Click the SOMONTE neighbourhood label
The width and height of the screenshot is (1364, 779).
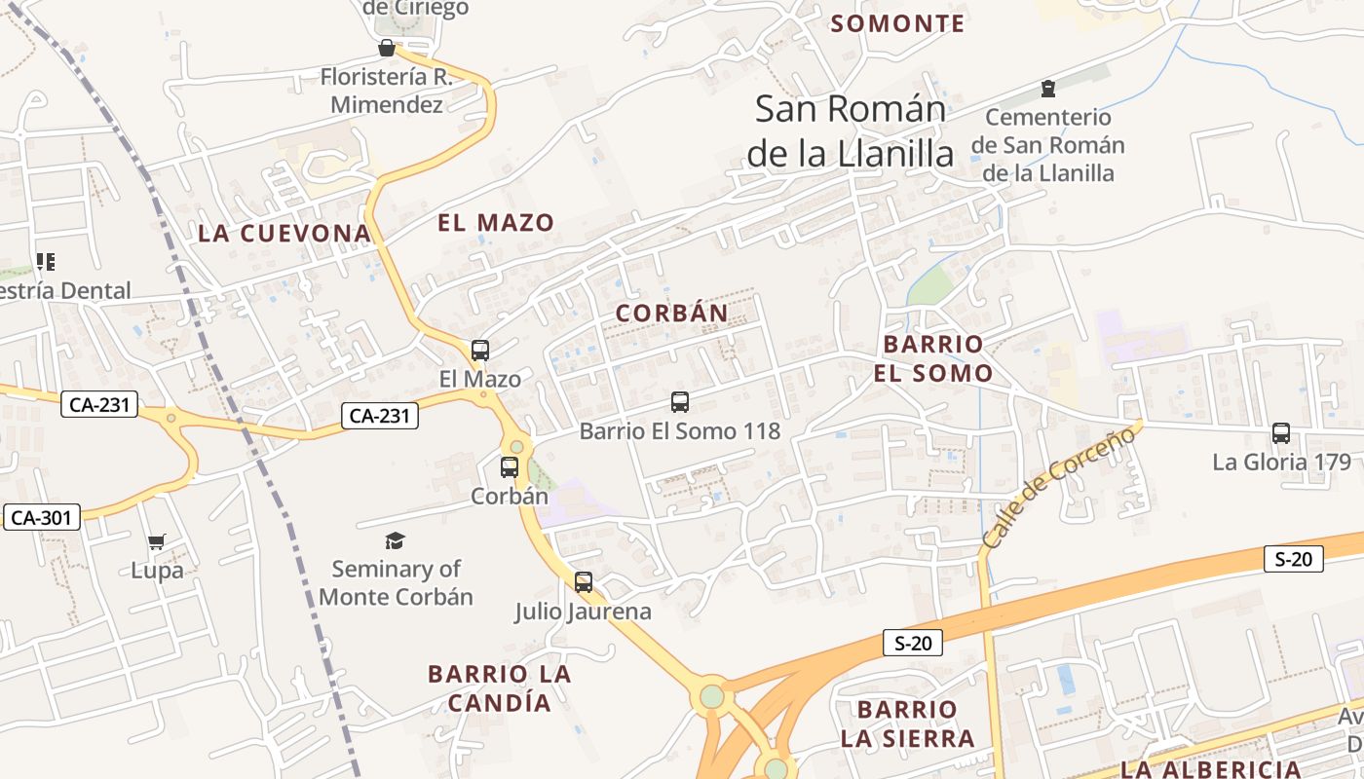[x=897, y=23]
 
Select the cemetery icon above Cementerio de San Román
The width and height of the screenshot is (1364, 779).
[x=1048, y=90]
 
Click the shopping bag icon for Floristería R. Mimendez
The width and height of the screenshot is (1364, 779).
[x=387, y=48]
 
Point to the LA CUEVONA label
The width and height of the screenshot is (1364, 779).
[x=284, y=233]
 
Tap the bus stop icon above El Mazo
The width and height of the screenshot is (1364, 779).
[x=480, y=351]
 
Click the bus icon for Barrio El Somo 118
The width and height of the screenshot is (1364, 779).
[x=680, y=401]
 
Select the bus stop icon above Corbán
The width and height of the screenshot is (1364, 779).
[x=510, y=467]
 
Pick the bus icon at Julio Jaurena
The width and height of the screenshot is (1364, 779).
[x=584, y=582]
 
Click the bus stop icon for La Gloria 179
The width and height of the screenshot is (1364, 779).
[x=1281, y=433]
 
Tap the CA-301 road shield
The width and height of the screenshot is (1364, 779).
[x=42, y=517]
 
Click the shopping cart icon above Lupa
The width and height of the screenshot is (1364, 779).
[x=157, y=541]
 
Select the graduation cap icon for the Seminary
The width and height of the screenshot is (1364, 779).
[x=395, y=540]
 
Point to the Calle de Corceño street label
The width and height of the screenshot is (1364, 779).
[x=1059, y=486]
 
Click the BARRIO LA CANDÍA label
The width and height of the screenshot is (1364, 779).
[x=499, y=687]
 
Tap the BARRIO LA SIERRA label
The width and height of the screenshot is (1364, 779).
[x=908, y=723]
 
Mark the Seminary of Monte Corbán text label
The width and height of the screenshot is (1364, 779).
[x=396, y=582]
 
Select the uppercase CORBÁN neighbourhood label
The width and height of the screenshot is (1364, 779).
[x=672, y=314]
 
